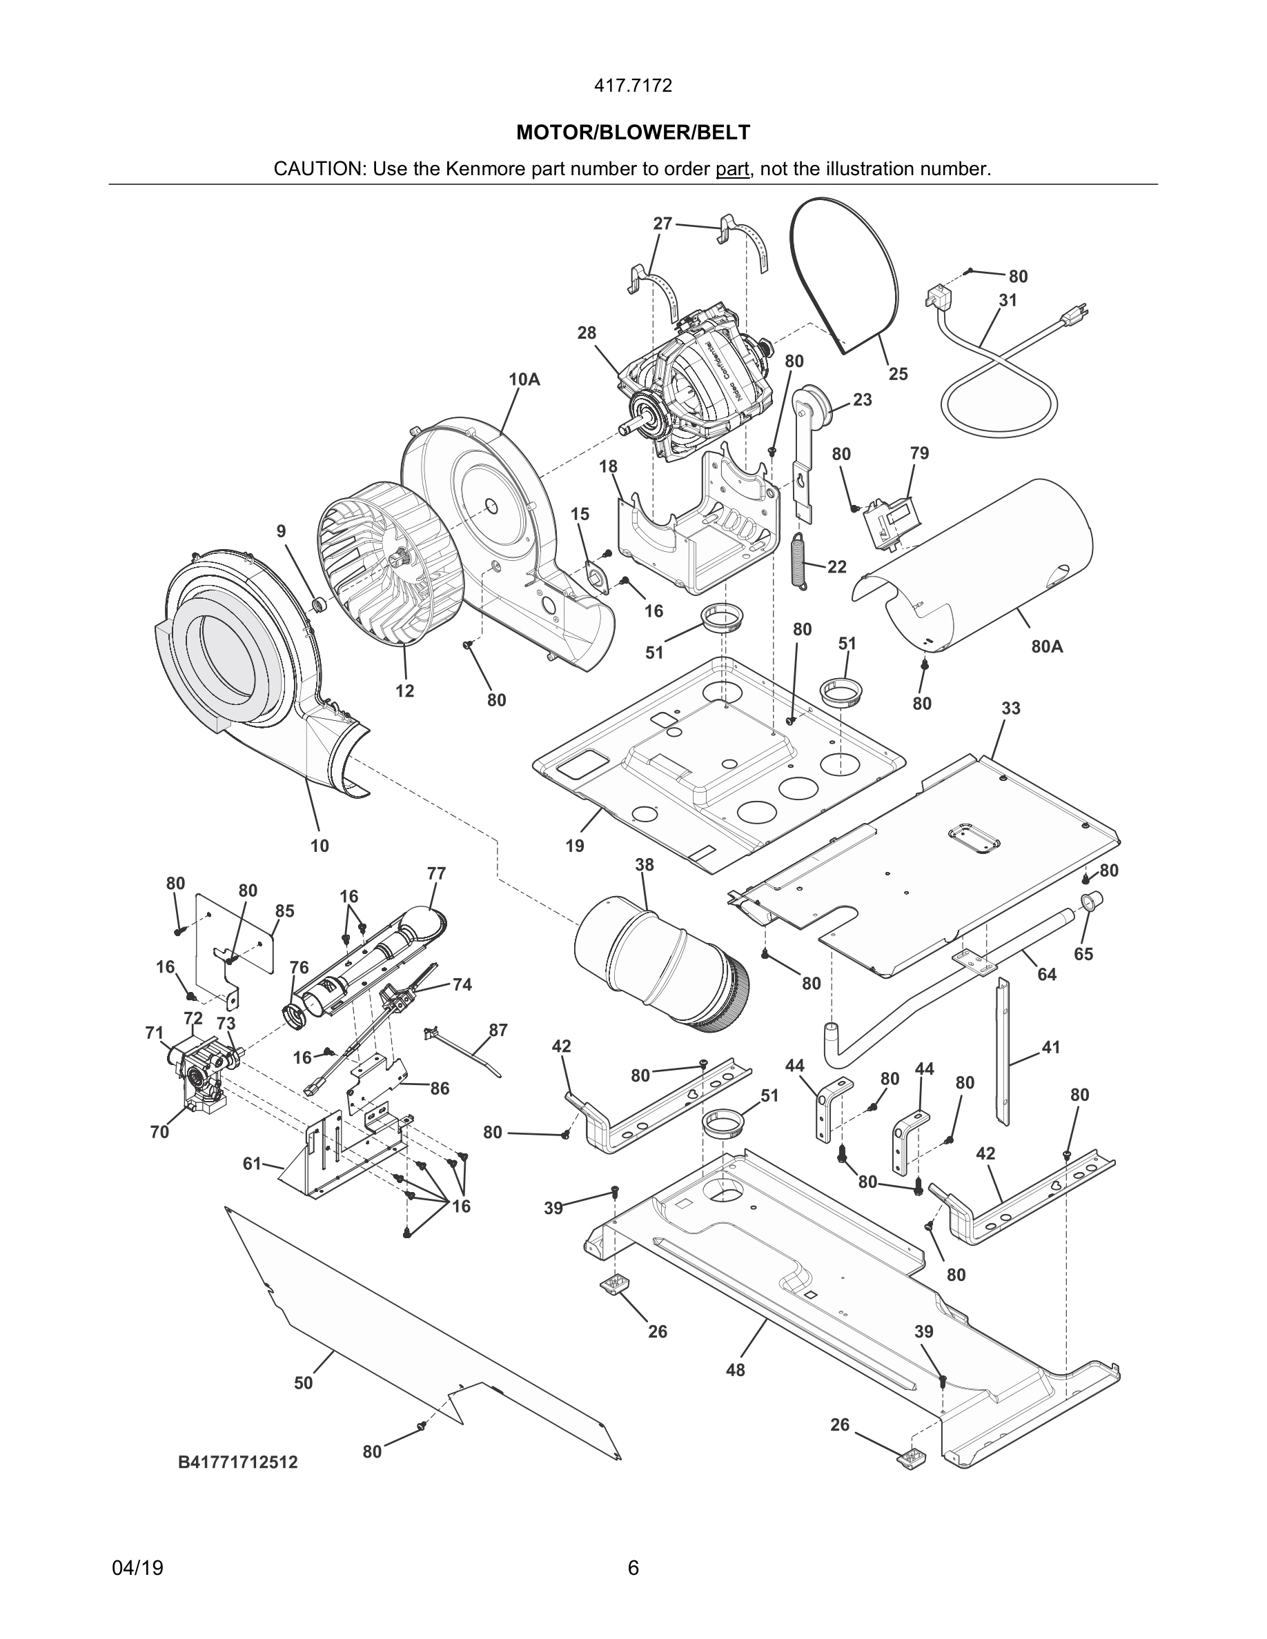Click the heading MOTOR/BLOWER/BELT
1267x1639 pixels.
point(633,133)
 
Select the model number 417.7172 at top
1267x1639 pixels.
point(633,86)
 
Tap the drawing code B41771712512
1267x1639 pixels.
point(238,1462)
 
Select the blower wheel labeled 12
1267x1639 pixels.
point(375,574)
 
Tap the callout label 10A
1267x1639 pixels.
point(524,379)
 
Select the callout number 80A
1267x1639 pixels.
point(1046,646)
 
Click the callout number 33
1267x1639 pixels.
point(1010,708)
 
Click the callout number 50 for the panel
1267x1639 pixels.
point(303,1382)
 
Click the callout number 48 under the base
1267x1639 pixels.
point(736,1369)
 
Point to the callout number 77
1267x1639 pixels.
point(436,873)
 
